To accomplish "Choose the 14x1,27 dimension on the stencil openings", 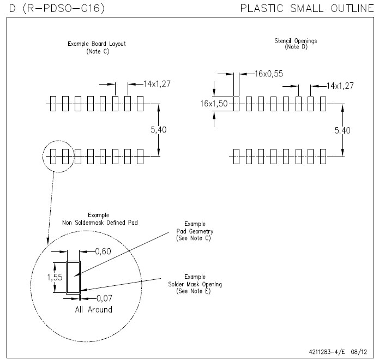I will [x=340, y=86].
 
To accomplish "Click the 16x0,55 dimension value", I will [x=269, y=74].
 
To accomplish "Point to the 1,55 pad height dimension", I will [x=55, y=277].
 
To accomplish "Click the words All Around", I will [x=93, y=310].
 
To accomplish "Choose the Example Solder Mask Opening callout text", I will [x=195, y=284].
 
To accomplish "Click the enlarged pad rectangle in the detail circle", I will [x=73, y=278].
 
